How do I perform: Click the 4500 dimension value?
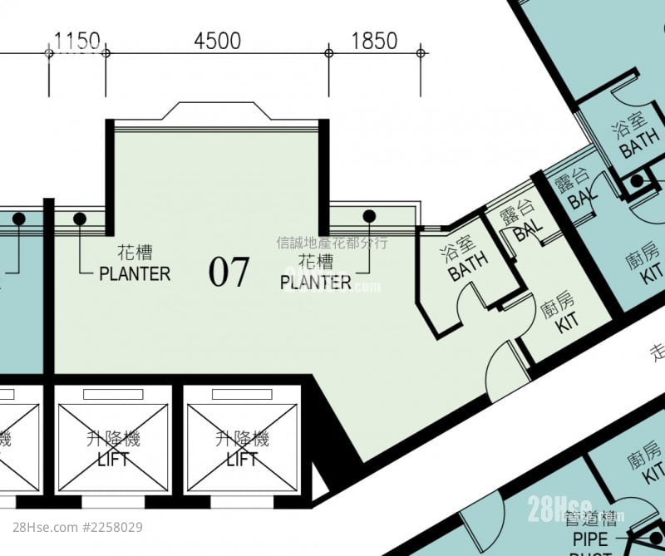click(x=217, y=41)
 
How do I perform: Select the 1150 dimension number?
click(x=77, y=41)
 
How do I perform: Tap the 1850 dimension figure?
click(x=374, y=41)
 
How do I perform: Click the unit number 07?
click(x=229, y=272)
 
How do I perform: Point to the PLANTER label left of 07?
click(x=135, y=273)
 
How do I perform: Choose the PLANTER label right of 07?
click(x=316, y=283)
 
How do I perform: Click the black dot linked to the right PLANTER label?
click(x=369, y=216)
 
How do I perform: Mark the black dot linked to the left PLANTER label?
click(x=80, y=219)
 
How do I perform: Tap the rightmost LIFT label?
click(x=242, y=458)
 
